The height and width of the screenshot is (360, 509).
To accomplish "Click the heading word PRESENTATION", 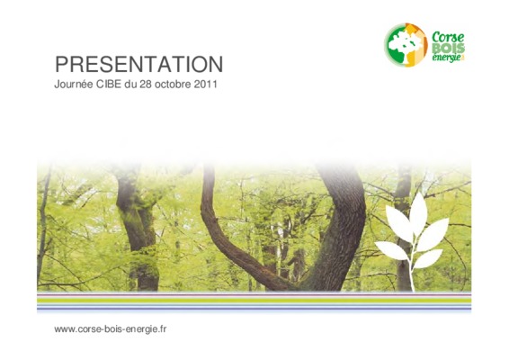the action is [138, 64].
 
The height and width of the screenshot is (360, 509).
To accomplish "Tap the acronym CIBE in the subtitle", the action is [109, 85].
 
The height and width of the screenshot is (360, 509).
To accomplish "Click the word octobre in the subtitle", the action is [173, 85].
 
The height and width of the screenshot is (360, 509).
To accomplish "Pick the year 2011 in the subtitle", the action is [205, 85].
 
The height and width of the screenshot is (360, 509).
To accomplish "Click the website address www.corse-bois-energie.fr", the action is [111, 329].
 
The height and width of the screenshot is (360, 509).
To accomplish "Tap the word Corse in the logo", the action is [448, 37].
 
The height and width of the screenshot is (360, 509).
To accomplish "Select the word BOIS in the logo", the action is [449, 49].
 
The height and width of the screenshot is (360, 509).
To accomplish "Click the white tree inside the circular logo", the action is [404, 45].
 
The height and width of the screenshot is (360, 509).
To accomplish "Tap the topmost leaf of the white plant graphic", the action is [418, 211].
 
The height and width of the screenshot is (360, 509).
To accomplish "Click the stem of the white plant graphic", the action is [412, 260].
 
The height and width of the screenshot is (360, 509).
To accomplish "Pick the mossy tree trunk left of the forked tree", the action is [137, 228].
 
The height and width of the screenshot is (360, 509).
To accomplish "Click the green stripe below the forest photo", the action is [254, 301].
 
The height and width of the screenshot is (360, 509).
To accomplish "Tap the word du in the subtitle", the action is [130, 85].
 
